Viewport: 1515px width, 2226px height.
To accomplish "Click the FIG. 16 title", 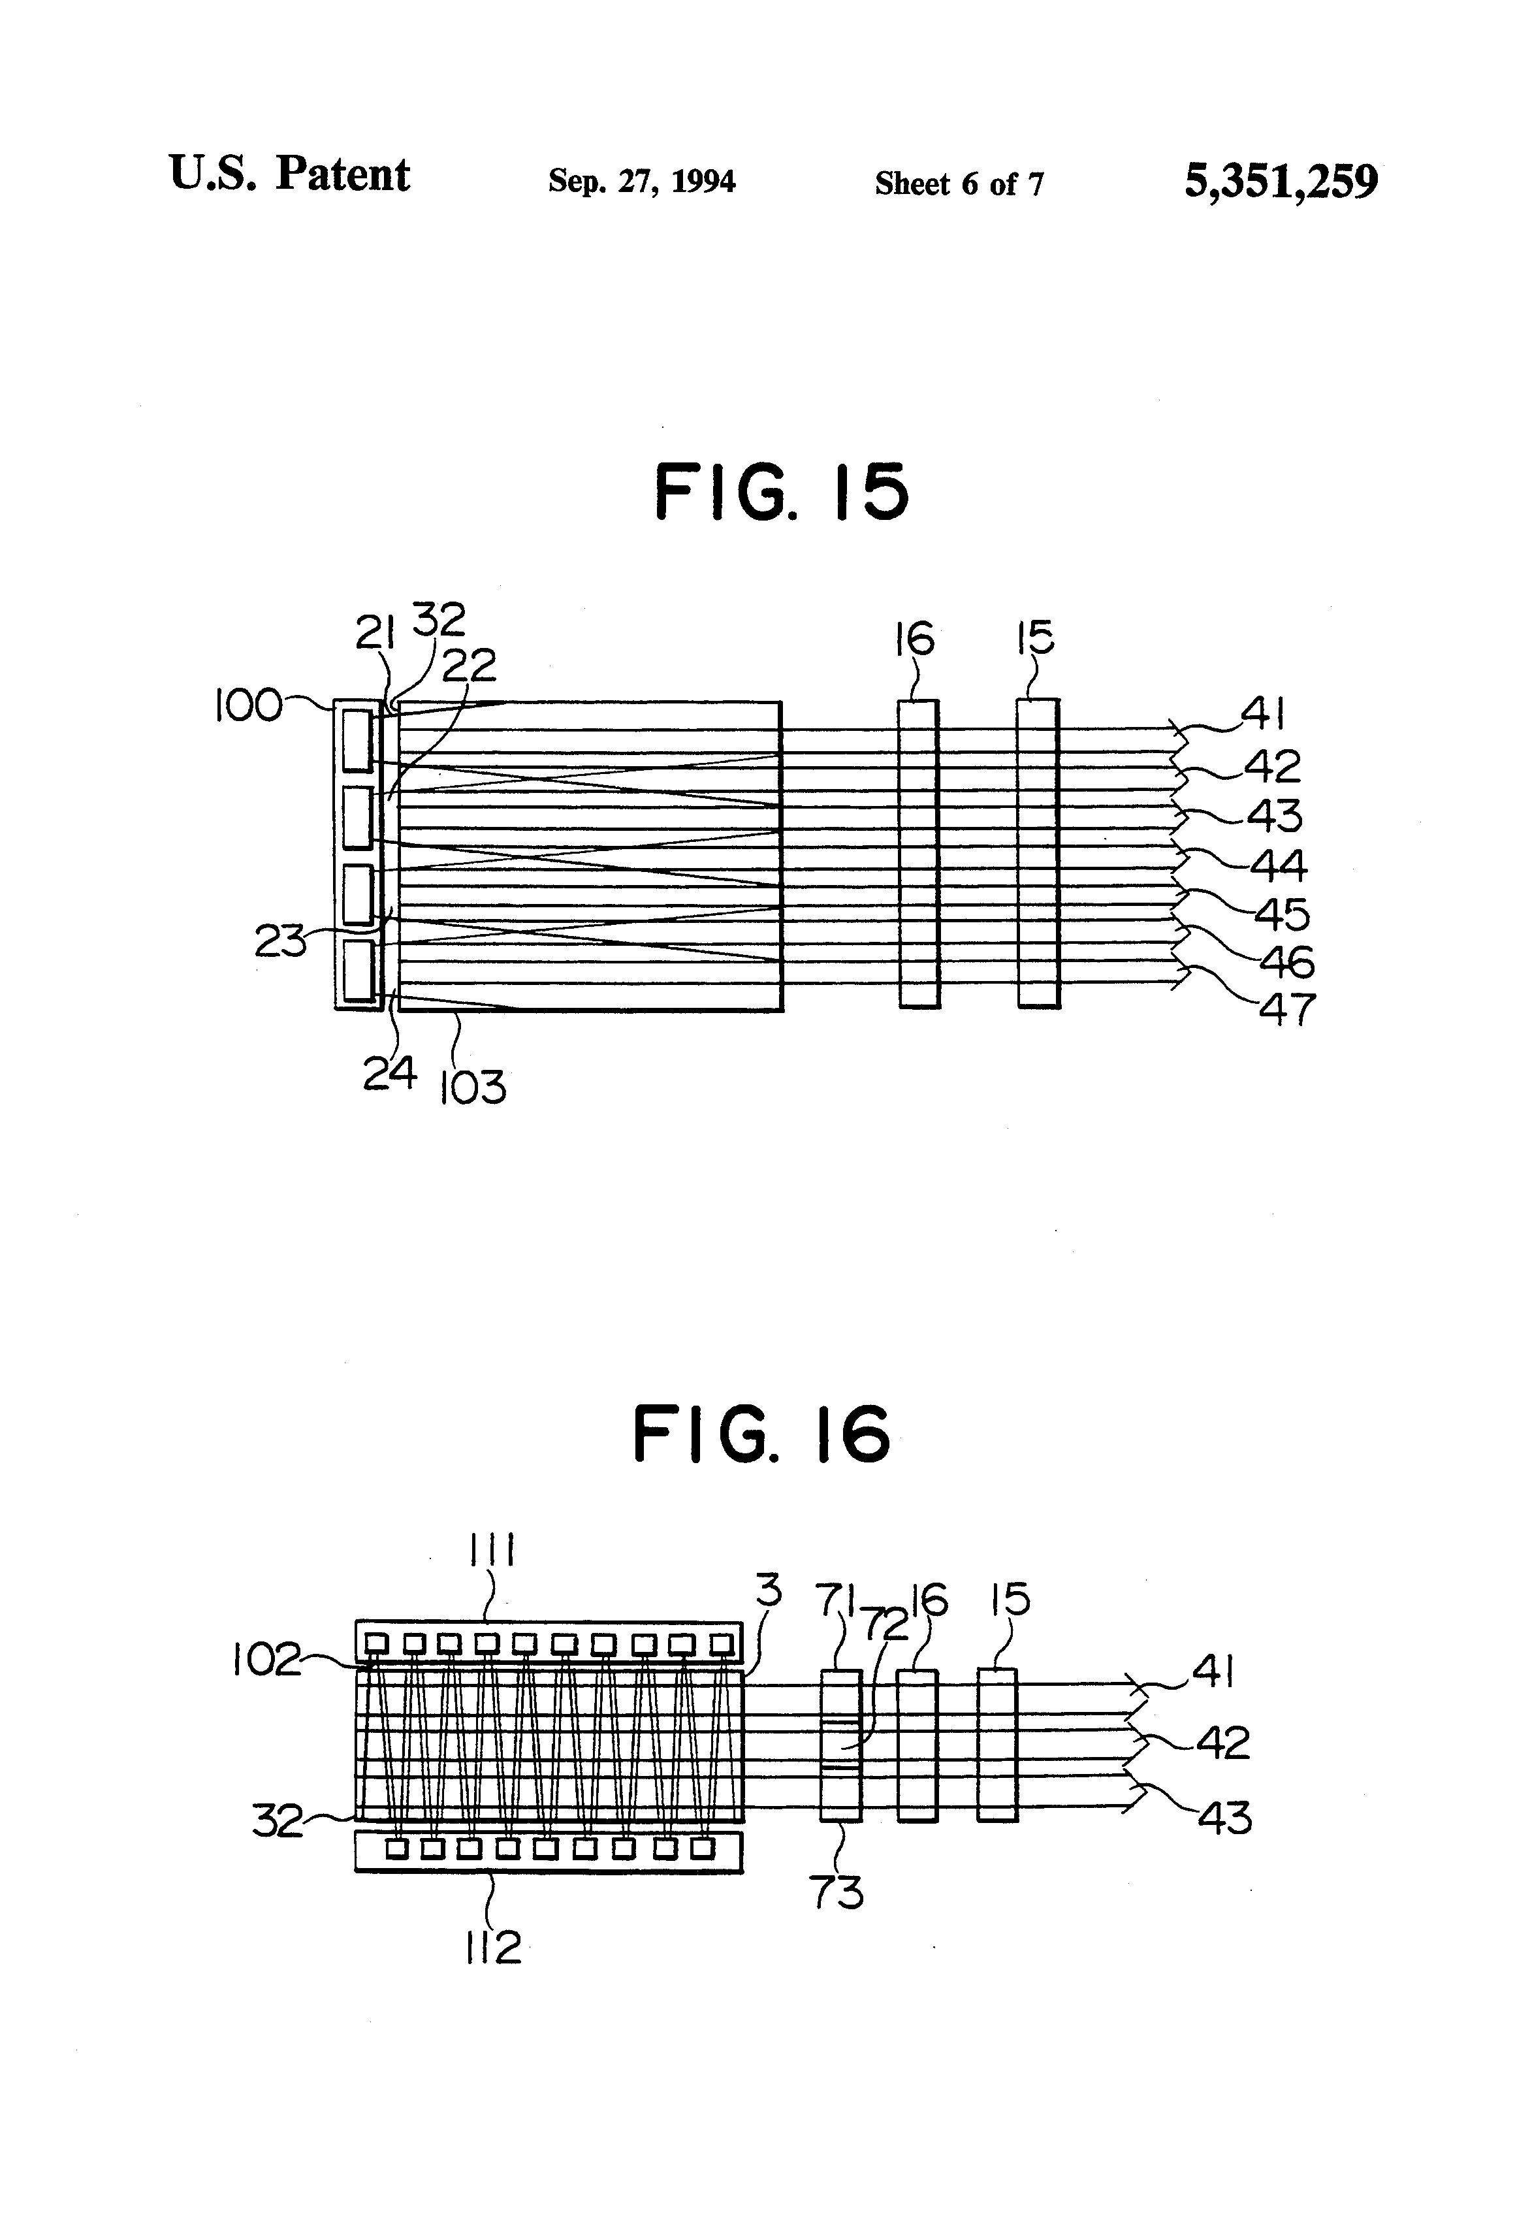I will [761, 1434].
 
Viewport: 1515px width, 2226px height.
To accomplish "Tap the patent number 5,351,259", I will [1281, 180].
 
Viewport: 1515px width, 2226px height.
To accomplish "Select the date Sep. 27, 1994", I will [642, 181].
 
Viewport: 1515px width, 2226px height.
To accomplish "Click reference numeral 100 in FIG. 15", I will [247, 706].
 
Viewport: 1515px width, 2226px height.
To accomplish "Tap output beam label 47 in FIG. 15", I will [1286, 1010].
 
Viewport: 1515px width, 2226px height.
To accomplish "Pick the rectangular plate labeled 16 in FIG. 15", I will [918, 854].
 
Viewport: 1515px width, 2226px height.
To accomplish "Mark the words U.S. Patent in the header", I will [289, 174].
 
